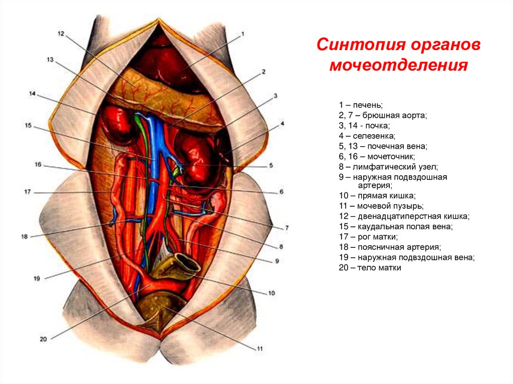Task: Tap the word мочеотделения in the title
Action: pos(398,66)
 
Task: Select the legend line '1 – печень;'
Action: pos(360,105)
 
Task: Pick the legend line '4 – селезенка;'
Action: pos(367,136)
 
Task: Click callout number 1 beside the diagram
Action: pos(242,34)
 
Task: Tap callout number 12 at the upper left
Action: pos(61,34)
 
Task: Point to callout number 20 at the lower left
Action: pos(43,339)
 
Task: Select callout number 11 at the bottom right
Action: pos(260,348)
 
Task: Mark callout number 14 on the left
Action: pos(33,94)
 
